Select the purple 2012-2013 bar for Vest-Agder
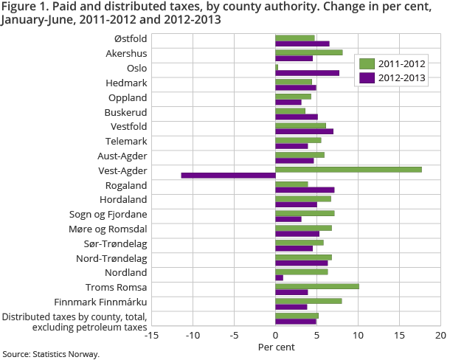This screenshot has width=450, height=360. [228, 176]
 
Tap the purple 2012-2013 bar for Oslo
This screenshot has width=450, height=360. [307, 73]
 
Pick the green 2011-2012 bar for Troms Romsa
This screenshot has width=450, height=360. [317, 285]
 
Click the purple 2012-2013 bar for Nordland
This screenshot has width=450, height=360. [279, 277]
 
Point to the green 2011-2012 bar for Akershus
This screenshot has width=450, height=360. [308, 52]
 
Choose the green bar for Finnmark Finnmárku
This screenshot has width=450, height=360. [308, 300]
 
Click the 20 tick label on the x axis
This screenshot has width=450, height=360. [440, 335]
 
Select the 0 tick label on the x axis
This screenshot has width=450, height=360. [275, 335]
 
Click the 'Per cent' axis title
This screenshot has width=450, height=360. [275, 347]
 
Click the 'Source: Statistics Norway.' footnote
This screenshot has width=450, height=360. [50, 354]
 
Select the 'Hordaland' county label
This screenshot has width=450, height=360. [123, 199]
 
